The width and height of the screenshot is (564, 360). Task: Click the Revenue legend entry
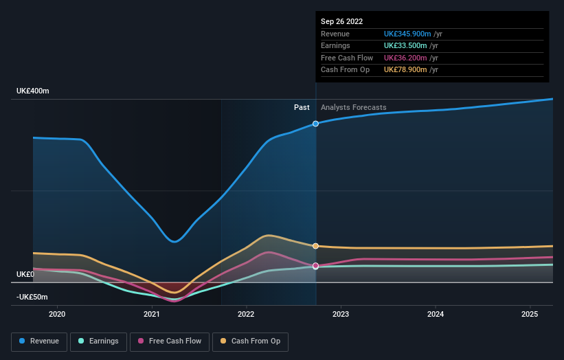click(39, 341)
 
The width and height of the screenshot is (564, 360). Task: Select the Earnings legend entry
click(99, 341)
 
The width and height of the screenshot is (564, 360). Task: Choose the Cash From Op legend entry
click(251, 341)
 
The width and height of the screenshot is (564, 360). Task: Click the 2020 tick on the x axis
click(57, 314)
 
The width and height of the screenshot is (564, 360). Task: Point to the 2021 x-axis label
click(152, 314)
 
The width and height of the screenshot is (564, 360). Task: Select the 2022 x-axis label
click(246, 314)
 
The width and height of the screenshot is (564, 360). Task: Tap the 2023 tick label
click(340, 314)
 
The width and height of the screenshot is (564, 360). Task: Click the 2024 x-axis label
click(435, 314)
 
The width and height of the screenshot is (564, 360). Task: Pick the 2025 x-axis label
click(530, 314)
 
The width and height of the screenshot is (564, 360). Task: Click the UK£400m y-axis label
click(33, 91)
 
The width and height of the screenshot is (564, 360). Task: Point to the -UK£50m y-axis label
click(32, 297)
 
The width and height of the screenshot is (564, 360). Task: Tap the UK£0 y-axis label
click(25, 274)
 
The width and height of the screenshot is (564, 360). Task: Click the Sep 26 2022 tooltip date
click(341, 21)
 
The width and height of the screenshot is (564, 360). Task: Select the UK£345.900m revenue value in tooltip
click(407, 34)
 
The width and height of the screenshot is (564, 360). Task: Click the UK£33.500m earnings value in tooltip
click(405, 46)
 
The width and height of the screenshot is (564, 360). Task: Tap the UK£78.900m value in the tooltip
click(405, 69)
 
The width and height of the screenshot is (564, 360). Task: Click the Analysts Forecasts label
click(353, 107)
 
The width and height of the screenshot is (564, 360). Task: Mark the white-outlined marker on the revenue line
click(316, 124)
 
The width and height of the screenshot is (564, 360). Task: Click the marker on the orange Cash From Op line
click(316, 246)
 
